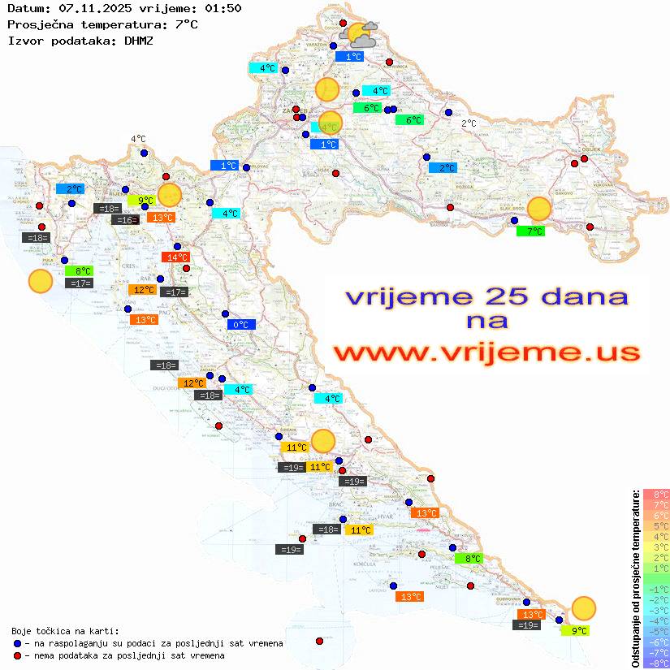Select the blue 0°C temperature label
pyautogui.click(x=241, y=325)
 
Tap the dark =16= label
pyautogui.click(x=125, y=220)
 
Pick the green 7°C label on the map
pyautogui.click(x=530, y=231)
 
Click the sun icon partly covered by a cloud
pyautogui.click(x=361, y=35)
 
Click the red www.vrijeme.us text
pyautogui.click(x=486, y=352)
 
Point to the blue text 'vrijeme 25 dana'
pyautogui.click(x=486, y=296)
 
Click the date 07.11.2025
pyautogui.click(x=94, y=8)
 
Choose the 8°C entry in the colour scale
pyautogui.click(x=655, y=494)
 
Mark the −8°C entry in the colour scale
pyautogui.click(x=655, y=663)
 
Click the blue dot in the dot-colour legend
pyautogui.click(x=18, y=643)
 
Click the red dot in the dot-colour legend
pyautogui.click(x=18, y=655)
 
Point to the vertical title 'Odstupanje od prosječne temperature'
pyautogui.click(x=635, y=579)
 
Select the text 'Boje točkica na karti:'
pyautogui.click(x=65, y=631)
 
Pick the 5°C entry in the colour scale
pyautogui.click(x=655, y=525)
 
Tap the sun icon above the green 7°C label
pyautogui.click(x=539, y=209)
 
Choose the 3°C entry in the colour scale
pyautogui.click(x=655, y=547)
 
